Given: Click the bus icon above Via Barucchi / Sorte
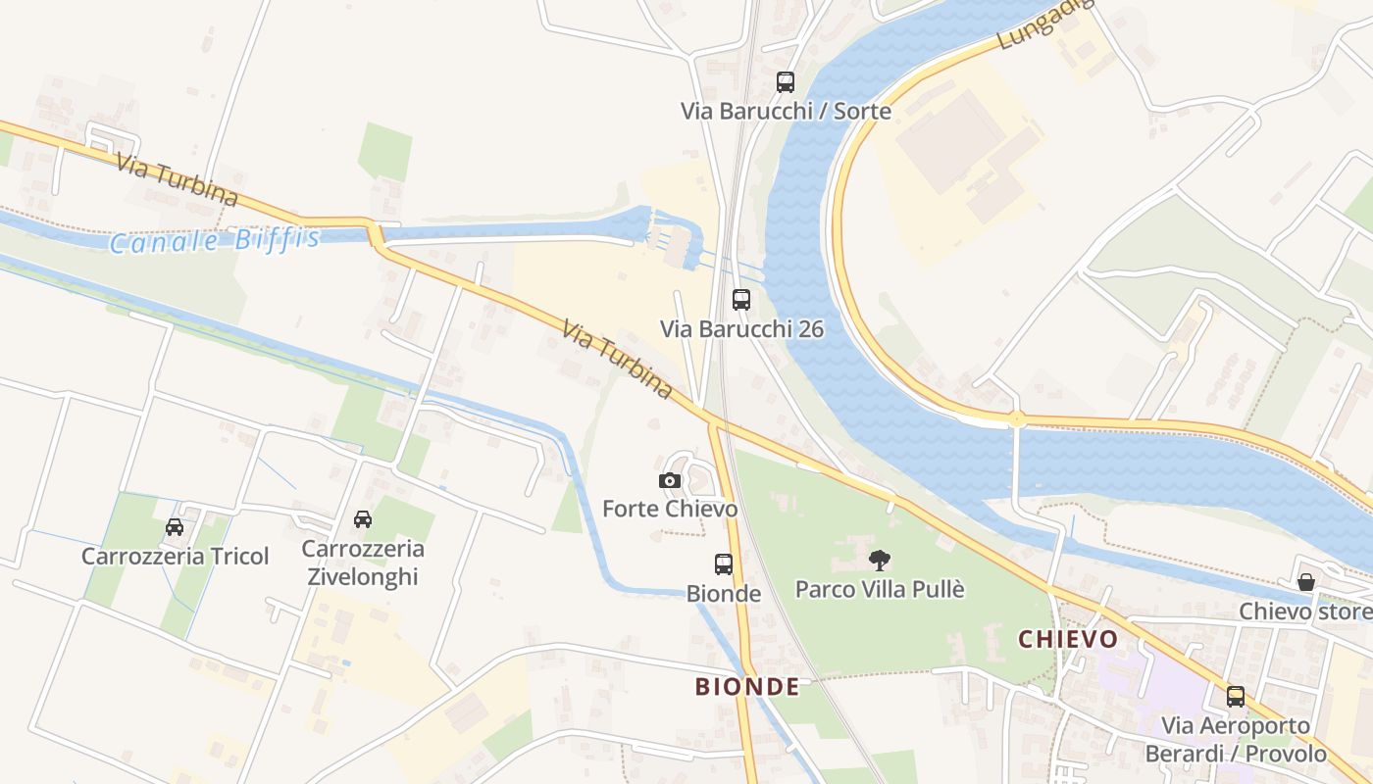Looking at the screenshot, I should [786, 82].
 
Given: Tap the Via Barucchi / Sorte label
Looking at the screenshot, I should [786, 111].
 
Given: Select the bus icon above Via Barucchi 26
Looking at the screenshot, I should [741, 300].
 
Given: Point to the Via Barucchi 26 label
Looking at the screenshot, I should [741, 329].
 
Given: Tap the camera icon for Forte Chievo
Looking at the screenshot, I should [670, 480].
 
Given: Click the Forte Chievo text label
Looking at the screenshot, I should [670, 510].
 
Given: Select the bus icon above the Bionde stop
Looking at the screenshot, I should [724, 564].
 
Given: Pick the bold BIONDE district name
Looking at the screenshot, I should [747, 687].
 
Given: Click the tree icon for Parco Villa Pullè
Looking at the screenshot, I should [880, 561].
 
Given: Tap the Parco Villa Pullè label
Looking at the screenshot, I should [880, 590].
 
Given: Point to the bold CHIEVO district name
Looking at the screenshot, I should [1068, 640].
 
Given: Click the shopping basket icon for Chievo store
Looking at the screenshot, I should [1306, 582].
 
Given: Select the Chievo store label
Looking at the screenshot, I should [1304, 612].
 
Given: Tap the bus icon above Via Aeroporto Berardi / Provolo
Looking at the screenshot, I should [1236, 697].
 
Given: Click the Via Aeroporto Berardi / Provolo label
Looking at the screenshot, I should [1236, 740].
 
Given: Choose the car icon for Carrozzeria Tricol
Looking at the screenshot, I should [175, 527].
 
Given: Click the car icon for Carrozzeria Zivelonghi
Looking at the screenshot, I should [363, 519].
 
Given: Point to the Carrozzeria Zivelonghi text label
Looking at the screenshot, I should [363, 563].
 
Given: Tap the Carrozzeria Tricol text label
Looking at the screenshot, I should [175, 557].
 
